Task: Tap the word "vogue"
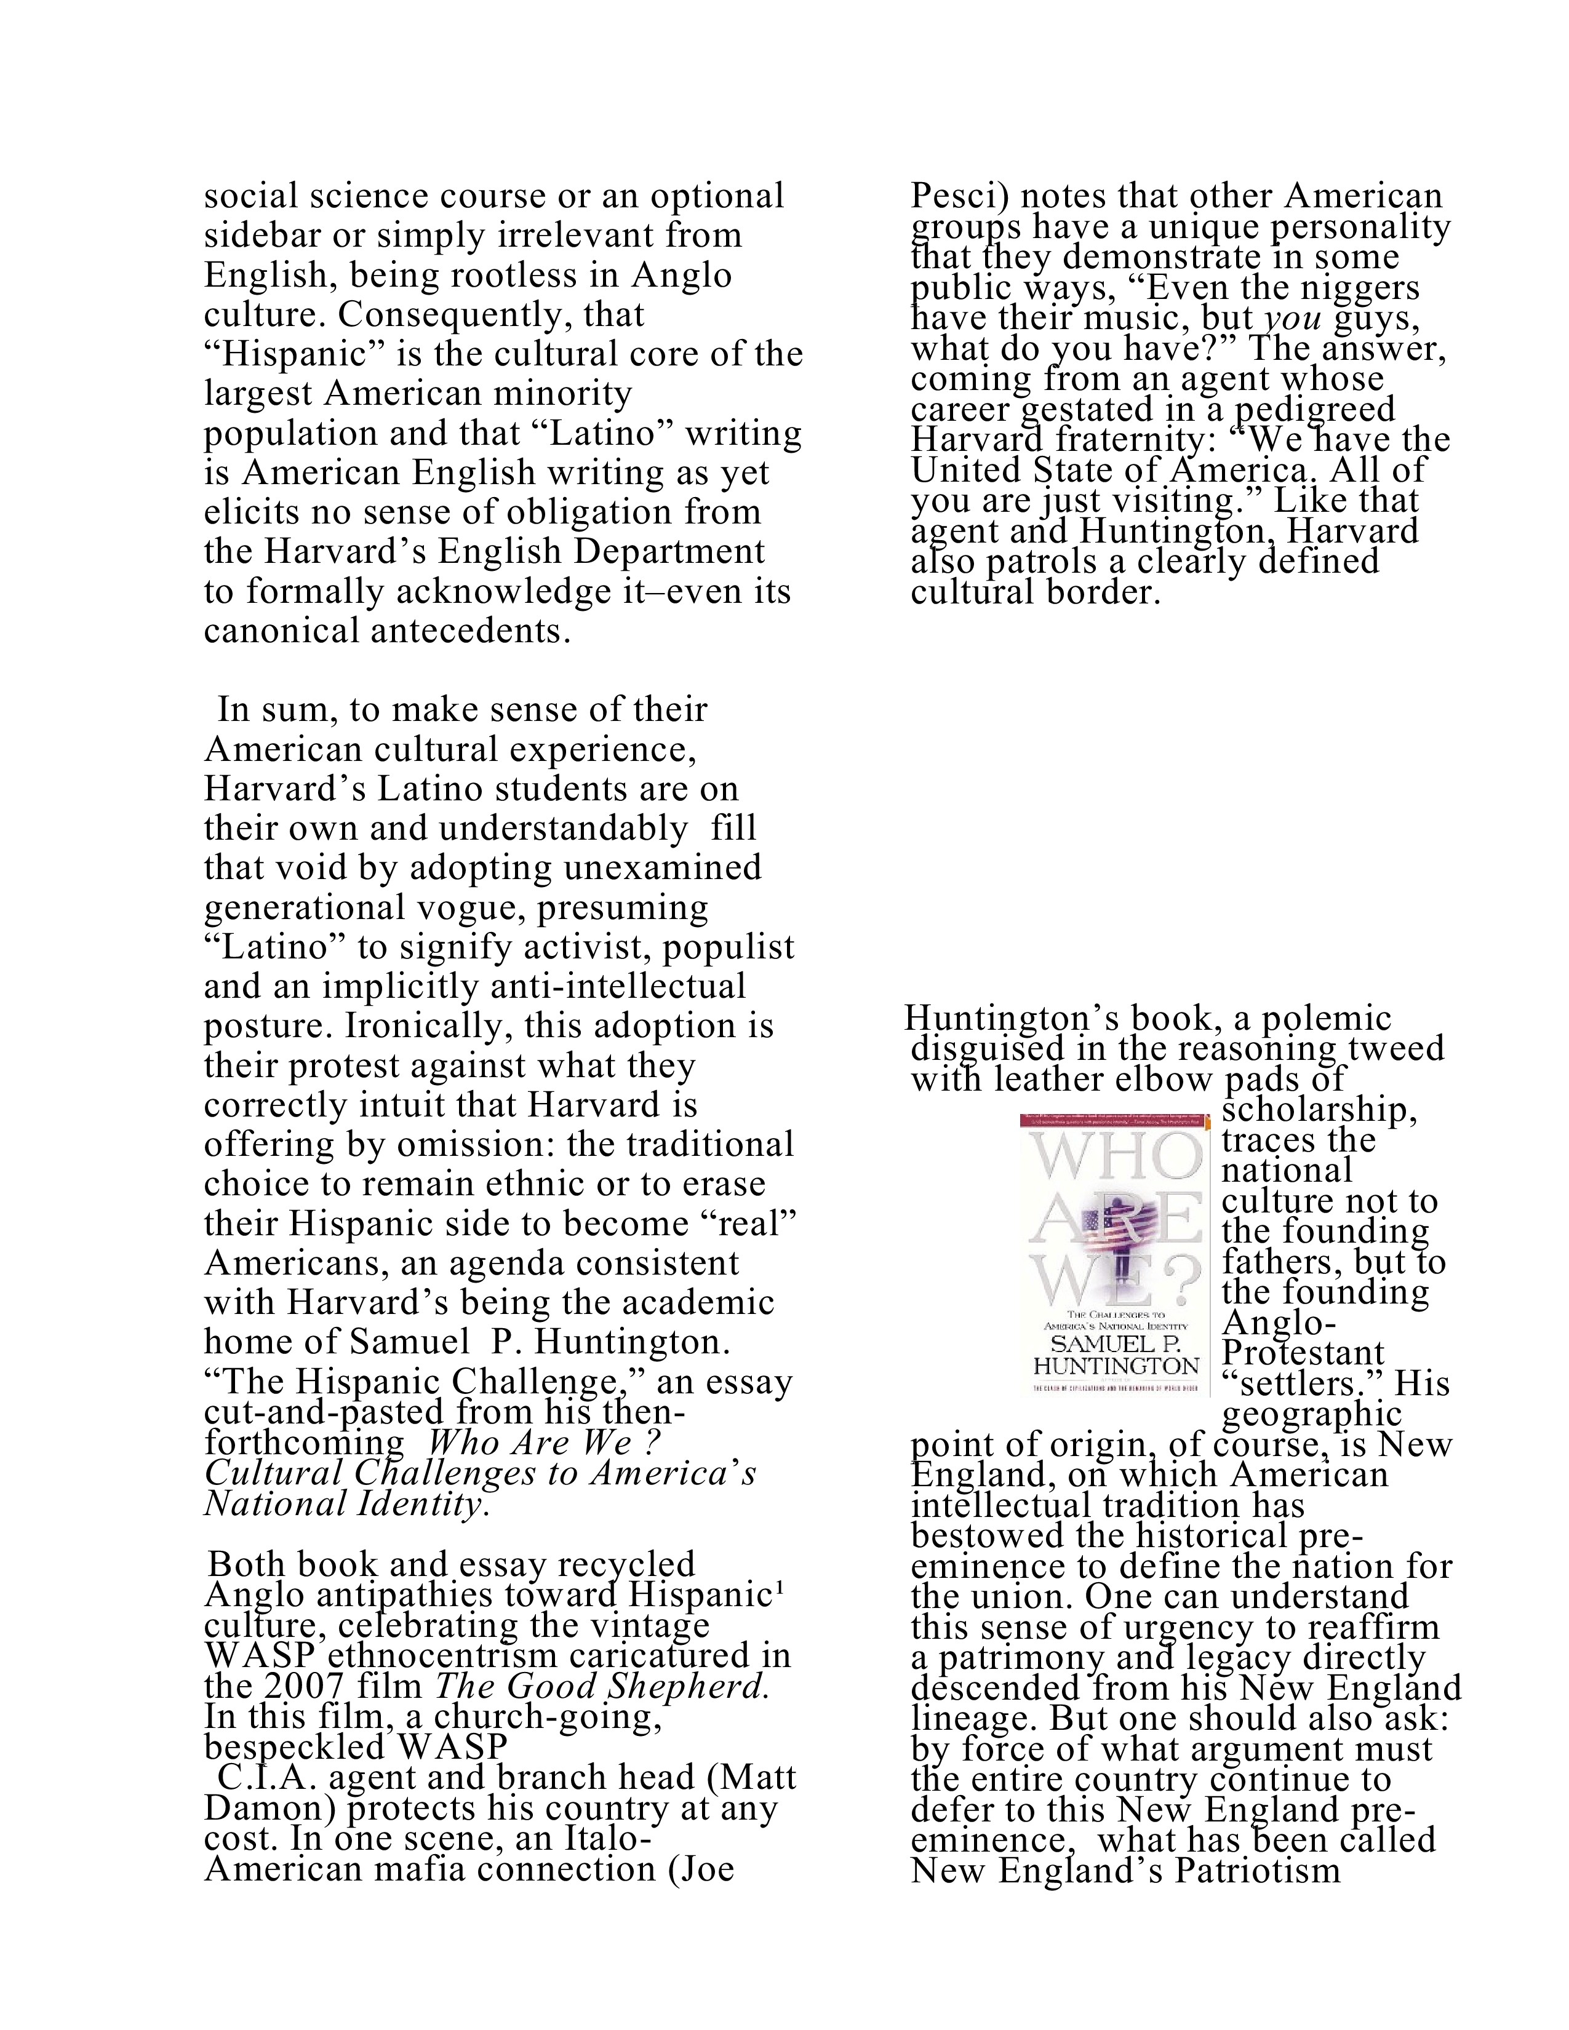(453, 907)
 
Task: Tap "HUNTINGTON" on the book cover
(1116, 1366)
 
